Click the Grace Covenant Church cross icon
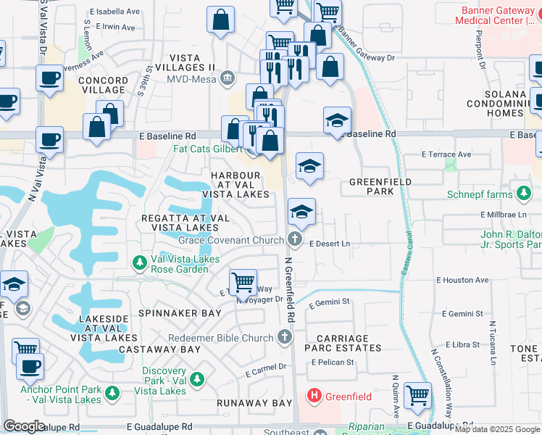(x=294, y=239)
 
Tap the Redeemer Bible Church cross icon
(x=285, y=337)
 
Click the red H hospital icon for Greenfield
(x=314, y=396)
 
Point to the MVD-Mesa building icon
(x=227, y=78)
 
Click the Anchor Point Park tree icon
(x=112, y=392)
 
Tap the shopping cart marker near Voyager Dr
(x=243, y=282)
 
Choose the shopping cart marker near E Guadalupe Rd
(x=417, y=395)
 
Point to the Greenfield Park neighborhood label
(x=380, y=186)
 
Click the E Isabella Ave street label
(x=114, y=12)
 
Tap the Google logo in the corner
(x=24, y=426)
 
